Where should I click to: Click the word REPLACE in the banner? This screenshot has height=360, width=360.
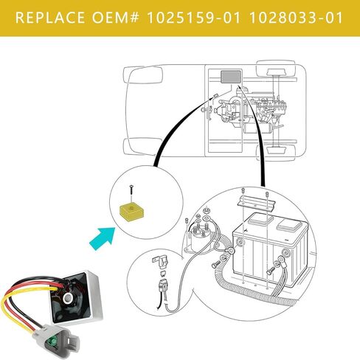click(50, 18)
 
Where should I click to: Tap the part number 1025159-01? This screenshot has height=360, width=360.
click(194, 18)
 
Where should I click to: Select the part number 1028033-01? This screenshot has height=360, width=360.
click(297, 18)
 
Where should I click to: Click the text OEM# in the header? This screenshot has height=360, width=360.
click(116, 18)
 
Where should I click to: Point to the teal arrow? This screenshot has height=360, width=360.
click(103, 238)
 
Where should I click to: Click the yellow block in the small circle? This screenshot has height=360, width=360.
click(131, 212)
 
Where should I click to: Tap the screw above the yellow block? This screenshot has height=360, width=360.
click(131, 193)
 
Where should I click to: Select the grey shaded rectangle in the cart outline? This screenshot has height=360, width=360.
click(230, 77)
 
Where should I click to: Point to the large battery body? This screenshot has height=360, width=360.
click(270, 249)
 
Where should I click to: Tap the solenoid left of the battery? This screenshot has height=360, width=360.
click(201, 234)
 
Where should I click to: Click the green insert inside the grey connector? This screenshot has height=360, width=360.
click(52, 342)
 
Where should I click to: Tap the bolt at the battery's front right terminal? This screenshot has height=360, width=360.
click(271, 271)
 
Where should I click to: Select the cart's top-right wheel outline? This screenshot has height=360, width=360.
click(276, 68)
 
